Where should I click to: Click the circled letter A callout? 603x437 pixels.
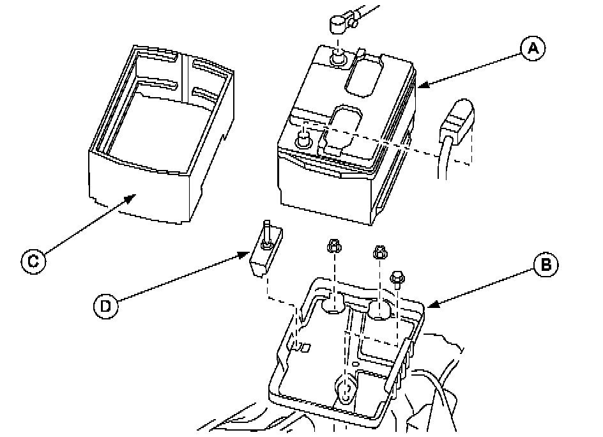pyautogui.click(x=532, y=48)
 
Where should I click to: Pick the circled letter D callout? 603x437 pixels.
pyautogui.click(x=106, y=306)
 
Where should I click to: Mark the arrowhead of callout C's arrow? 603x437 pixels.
pyautogui.click(x=134, y=197)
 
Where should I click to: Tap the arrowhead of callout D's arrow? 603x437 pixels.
pyautogui.click(x=251, y=255)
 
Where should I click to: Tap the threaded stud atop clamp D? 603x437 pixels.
pyautogui.click(x=266, y=231)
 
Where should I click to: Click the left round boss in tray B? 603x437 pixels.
pyautogui.click(x=334, y=306)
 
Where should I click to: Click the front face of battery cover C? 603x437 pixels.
pyautogui.click(x=137, y=192)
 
